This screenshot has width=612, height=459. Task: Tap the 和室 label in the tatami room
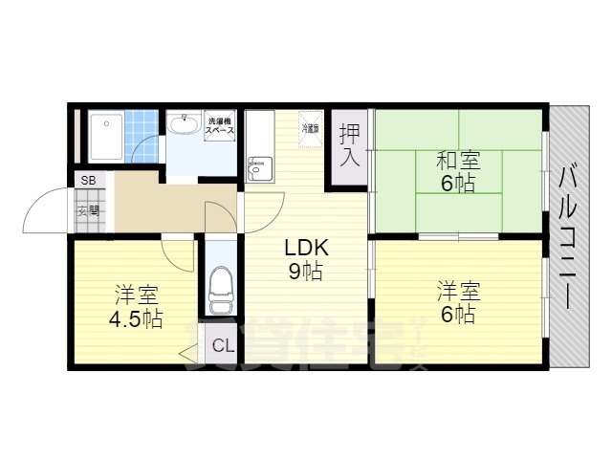pos(458,161)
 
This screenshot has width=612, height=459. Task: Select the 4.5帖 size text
pos(137,319)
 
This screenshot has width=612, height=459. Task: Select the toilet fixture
pos(220,287)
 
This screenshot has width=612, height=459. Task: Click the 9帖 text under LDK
pos(305,272)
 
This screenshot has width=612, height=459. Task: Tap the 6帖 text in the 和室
pos(458,184)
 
